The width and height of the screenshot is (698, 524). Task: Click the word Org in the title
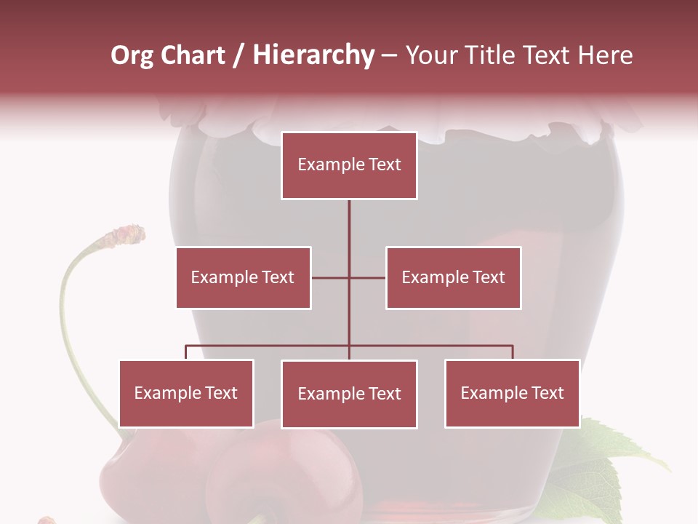click(x=132, y=55)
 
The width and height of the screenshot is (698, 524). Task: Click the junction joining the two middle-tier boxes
click(x=349, y=277)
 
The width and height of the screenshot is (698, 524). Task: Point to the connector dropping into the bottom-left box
click(x=186, y=352)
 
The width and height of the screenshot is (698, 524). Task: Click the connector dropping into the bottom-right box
click(x=513, y=352)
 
